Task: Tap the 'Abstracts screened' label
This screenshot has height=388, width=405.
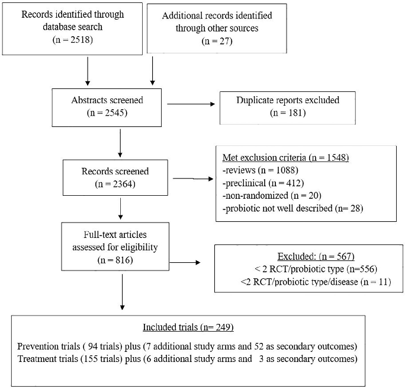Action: [107, 99]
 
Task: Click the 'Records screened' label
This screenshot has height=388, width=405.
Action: [115, 171]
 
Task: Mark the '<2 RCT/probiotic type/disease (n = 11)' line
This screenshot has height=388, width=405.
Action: [305, 281]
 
